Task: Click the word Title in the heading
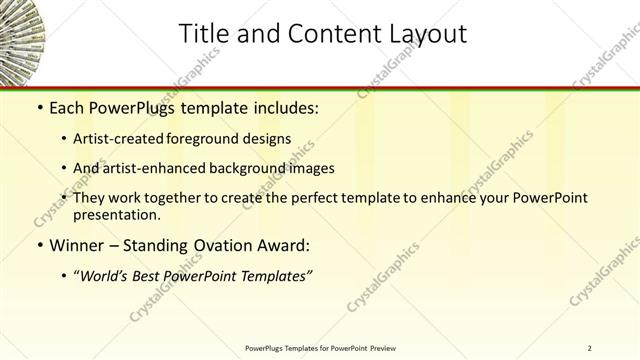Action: coord(202,34)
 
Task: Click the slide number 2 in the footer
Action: coord(590,347)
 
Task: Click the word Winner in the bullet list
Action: coord(80,244)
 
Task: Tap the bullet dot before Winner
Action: coord(39,244)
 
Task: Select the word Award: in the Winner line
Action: coord(287,244)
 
